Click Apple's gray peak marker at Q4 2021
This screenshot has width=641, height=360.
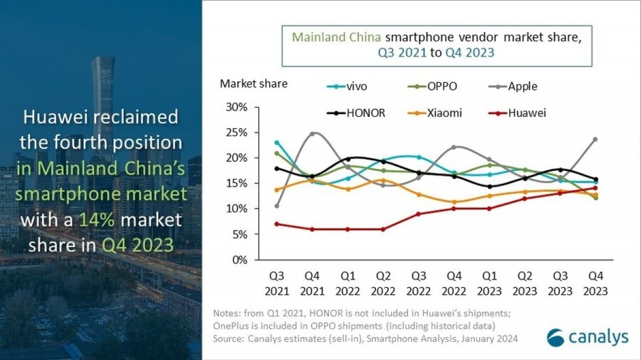(x=312, y=134)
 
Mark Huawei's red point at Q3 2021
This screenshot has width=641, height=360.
(x=276, y=224)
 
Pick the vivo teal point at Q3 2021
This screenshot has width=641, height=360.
(x=276, y=143)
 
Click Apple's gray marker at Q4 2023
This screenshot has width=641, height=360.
(x=595, y=139)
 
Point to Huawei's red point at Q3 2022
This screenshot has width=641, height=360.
(x=418, y=214)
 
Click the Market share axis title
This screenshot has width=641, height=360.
(x=254, y=83)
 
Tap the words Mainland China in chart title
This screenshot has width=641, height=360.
(x=337, y=38)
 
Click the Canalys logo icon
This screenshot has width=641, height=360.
(x=556, y=337)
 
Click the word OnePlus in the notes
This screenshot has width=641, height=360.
(x=231, y=326)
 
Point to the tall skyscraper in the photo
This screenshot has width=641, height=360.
(x=102, y=96)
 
